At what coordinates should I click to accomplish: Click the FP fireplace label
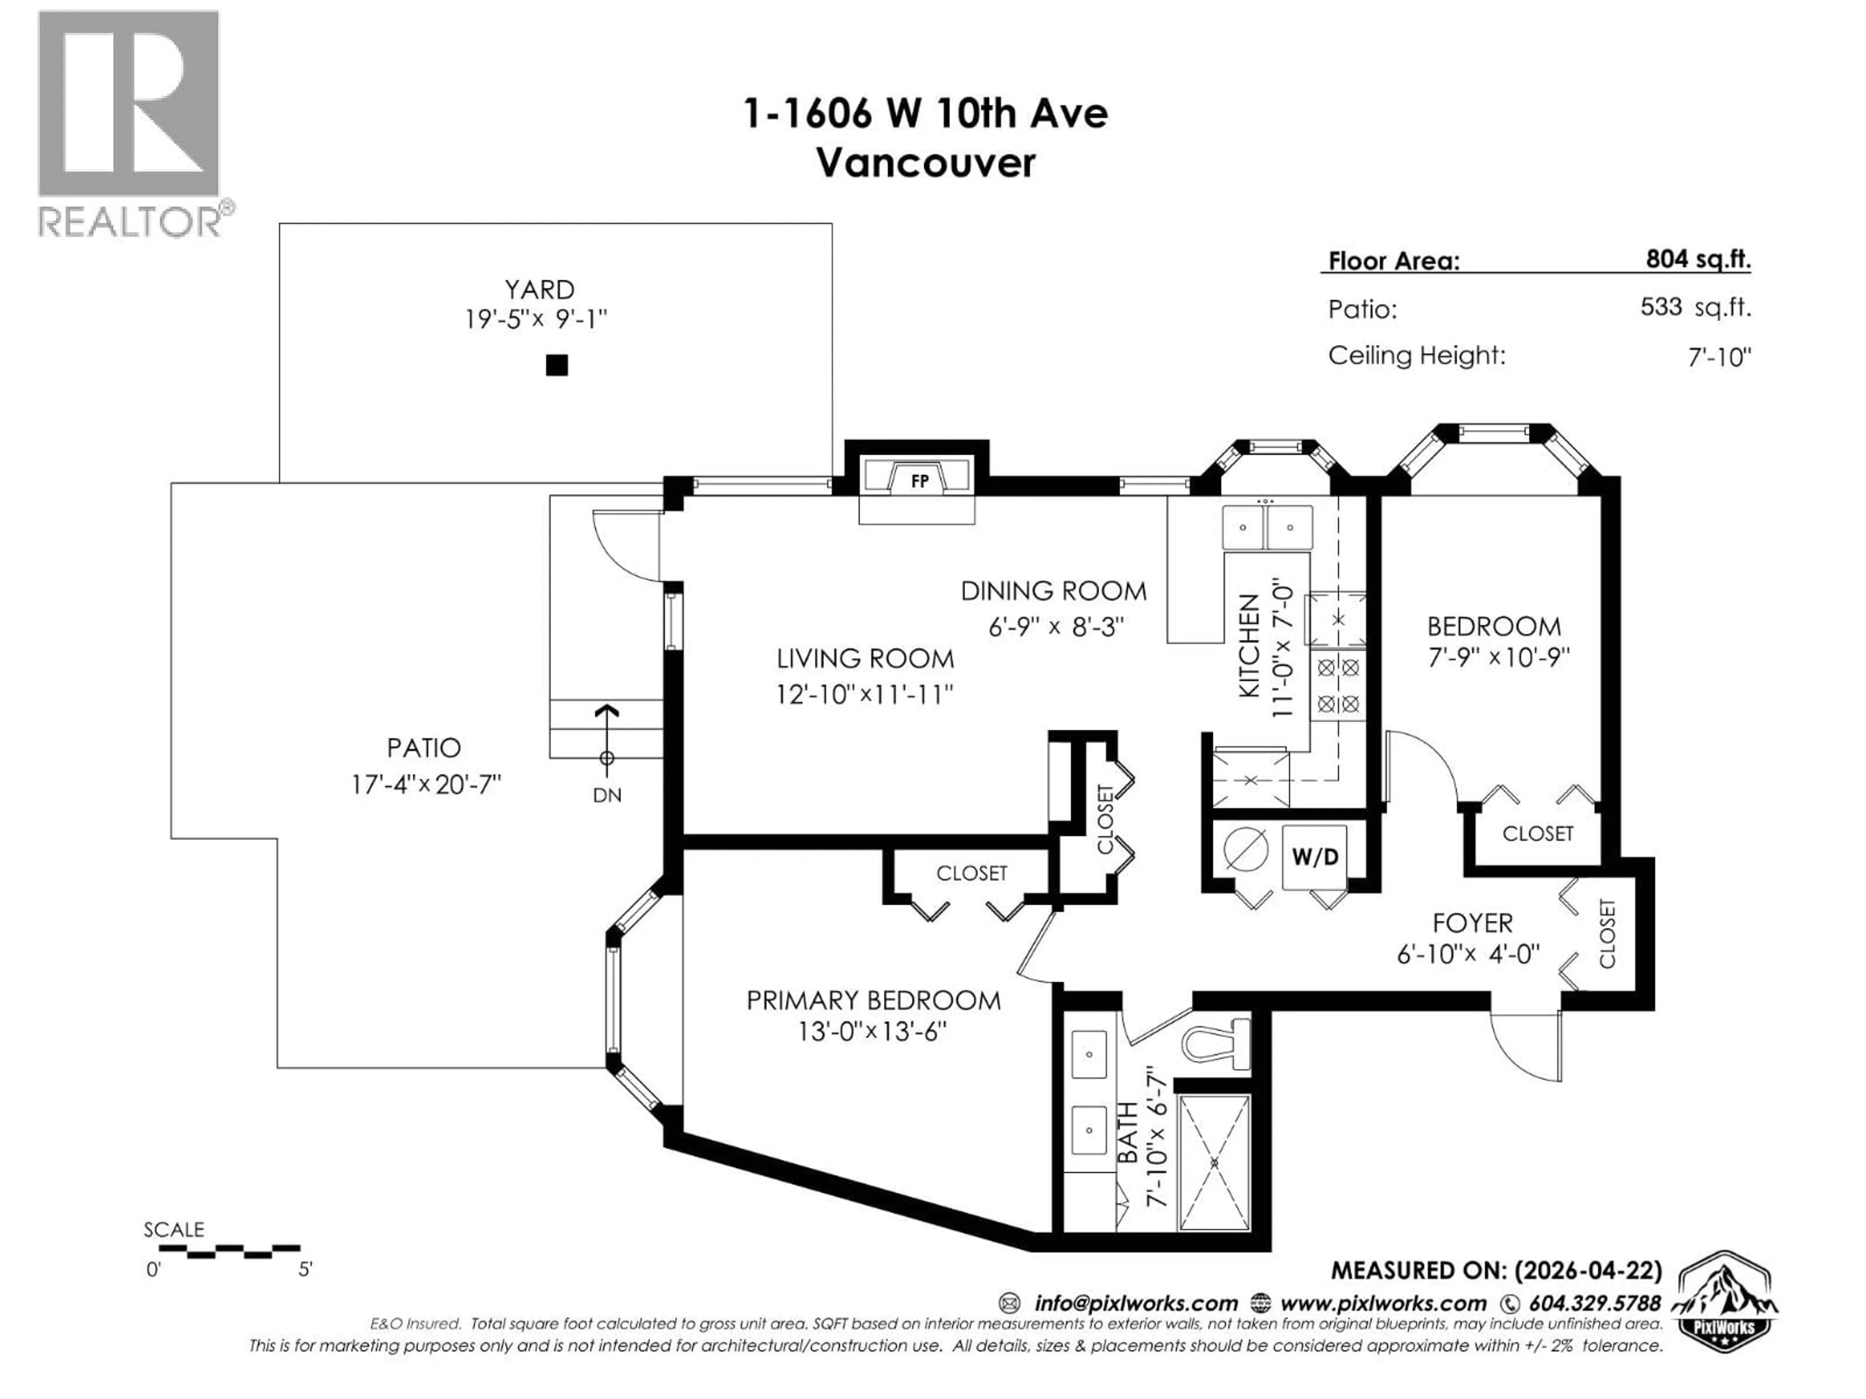919,481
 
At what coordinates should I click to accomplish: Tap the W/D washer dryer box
1314,857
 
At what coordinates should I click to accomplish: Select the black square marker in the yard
557,365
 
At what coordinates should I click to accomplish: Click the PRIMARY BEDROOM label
873,1001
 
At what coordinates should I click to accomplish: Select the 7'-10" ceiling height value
1718,358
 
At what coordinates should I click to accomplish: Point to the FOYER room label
1472,922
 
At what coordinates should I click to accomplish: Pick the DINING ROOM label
1054,591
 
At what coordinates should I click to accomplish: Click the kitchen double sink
1266,528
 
